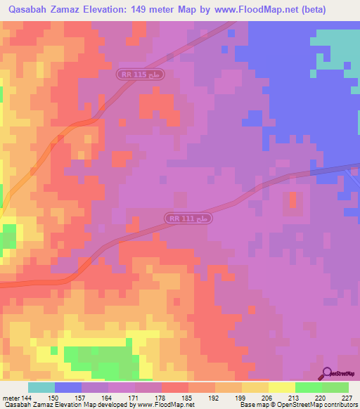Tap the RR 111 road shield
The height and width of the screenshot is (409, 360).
click(189, 219)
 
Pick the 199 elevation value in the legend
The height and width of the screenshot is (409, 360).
click(240, 398)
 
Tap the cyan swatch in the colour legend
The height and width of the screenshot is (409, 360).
click(41, 387)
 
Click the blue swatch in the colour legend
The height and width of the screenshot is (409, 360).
click(68, 387)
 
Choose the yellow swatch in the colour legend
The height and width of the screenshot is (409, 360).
click(282, 387)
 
